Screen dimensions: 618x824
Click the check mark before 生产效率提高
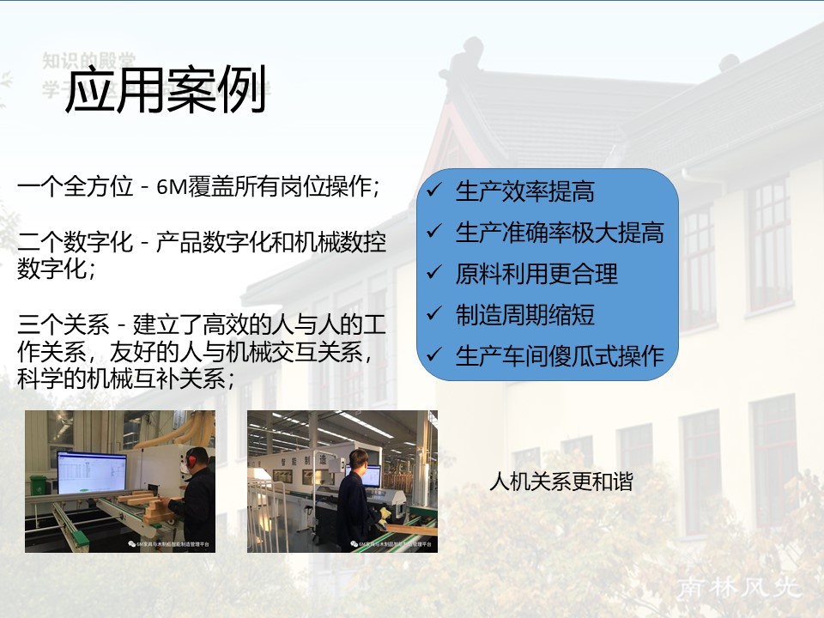435,191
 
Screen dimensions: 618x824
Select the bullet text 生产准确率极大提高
559,233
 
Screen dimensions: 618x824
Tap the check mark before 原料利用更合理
435,273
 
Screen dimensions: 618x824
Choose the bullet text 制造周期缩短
524,315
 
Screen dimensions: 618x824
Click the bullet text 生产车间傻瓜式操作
559,355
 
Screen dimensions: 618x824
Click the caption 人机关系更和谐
560,482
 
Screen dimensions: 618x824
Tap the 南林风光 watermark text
739,588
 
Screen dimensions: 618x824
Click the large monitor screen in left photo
91,473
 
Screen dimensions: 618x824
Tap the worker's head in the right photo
359,458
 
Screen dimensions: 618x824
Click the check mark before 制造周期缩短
435,314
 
